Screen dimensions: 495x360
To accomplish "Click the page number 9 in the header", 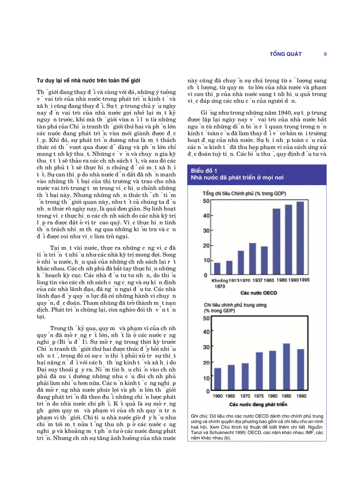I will [x=325, y=54].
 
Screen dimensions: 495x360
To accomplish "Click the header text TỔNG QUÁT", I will [x=285, y=54].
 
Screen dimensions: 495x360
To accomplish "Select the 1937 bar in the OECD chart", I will [x=252, y=259].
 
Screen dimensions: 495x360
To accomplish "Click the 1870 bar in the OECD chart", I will [x=217, y=268].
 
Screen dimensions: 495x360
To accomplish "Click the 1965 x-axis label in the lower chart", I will [x=231, y=396].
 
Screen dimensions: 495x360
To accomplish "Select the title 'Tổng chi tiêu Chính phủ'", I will [x=238, y=194].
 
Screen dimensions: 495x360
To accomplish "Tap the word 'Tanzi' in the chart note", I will [x=198, y=432].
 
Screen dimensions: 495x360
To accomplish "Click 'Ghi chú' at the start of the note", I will [x=199, y=416].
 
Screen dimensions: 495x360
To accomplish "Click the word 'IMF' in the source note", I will [x=302, y=432].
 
